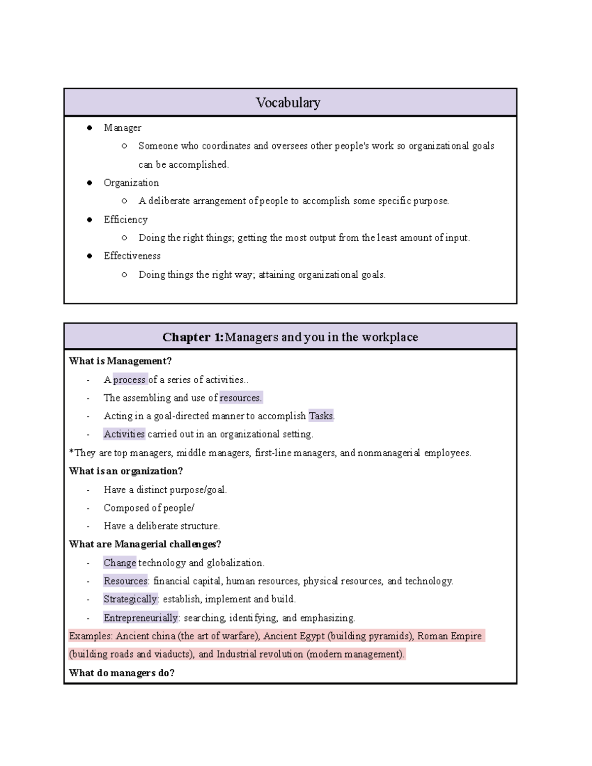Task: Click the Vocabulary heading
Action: pyautogui.click(x=288, y=103)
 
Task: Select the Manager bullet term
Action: pyautogui.click(x=122, y=128)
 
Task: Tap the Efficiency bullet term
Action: pyautogui.click(x=125, y=219)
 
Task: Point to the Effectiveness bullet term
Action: pyautogui.click(x=132, y=256)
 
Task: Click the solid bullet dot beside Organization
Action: pyautogui.click(x=89, y=182)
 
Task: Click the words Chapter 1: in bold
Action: pyautogui.click(x=193, y=337)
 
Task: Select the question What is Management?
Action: pyautogui.click(x=120, y=361)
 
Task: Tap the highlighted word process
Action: pyautogui.click(x=130, y=380)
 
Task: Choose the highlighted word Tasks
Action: pyautogui.click(x=321, y=416)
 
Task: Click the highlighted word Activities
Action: pyautogui.click(x=124, y=435)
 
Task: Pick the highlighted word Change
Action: pyautogui.click(x=119, y=563)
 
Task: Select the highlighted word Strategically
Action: pyautogui.click(x=130, y=599)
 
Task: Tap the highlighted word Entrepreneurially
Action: pyautogui.click(x=141, y=618)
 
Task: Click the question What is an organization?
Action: pyautogui.click(x=126, y=471)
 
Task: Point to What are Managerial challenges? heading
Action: pyautogui.click(x=145, y=544)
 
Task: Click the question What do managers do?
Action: pyautogui.click(x=122, y=673)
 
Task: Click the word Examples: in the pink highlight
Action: pyautogui.click(x=91, y=636)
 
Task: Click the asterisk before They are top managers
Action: pyautogui.click(x=72, y=452)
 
